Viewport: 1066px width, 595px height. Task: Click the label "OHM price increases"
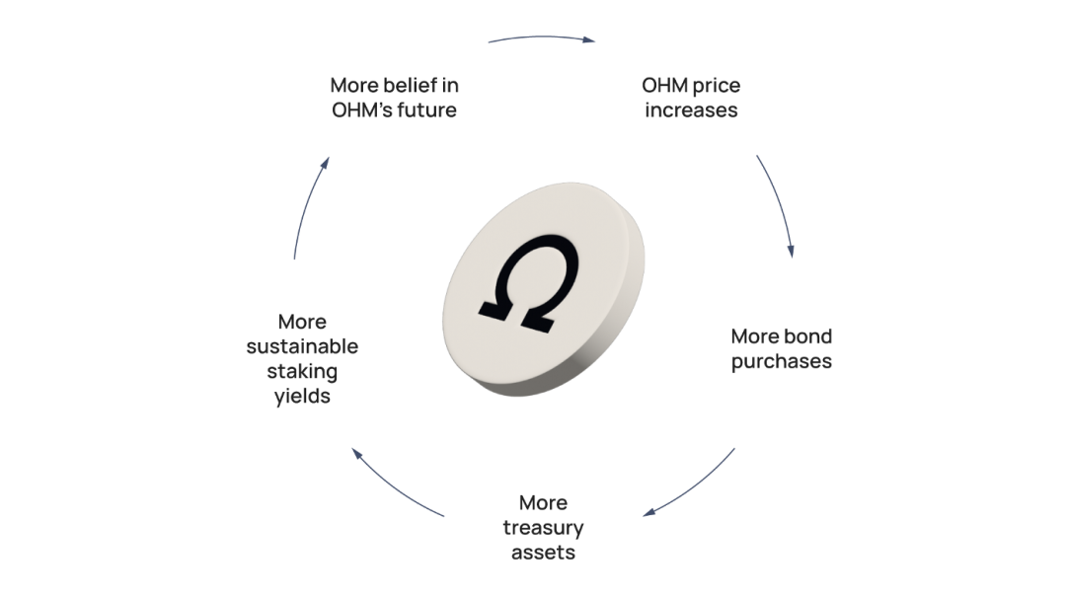pos(691,98)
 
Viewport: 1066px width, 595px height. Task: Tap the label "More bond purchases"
pos(781,348)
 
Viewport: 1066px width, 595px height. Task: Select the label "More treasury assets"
pos(543,527)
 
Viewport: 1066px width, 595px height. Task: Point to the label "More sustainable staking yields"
pos(302,359)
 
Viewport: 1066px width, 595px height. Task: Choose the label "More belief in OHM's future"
pos(394,98)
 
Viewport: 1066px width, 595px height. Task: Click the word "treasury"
pos(543,527)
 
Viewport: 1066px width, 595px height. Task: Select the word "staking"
pos(302,372)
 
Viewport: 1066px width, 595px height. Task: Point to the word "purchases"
pos(781,361)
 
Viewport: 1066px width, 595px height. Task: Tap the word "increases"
pos(691,111)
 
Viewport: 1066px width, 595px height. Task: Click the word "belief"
pos(415,85)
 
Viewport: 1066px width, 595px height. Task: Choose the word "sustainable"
pos(302,346)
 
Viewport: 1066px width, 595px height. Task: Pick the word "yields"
pos(302,397)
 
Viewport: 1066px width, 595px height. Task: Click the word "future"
pos(426,111)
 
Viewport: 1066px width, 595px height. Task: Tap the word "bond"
pos(808,335)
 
